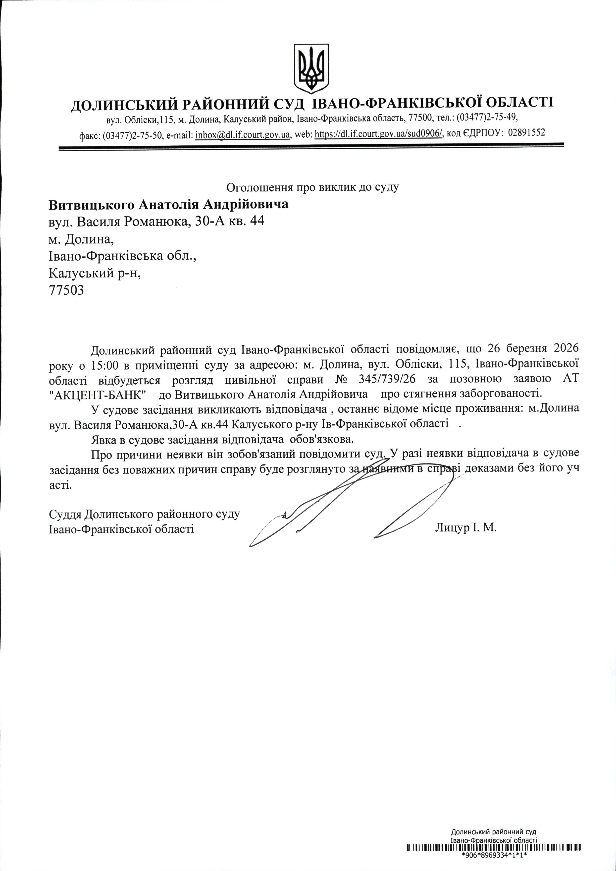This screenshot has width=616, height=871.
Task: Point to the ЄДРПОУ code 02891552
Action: point(526,133)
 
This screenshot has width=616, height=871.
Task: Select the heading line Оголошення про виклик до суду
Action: point(312,187)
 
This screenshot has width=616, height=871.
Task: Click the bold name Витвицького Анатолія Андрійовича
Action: point(168,205)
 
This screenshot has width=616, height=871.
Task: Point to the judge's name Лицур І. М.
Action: point(466,527)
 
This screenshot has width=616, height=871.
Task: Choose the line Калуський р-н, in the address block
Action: point(95,273)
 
